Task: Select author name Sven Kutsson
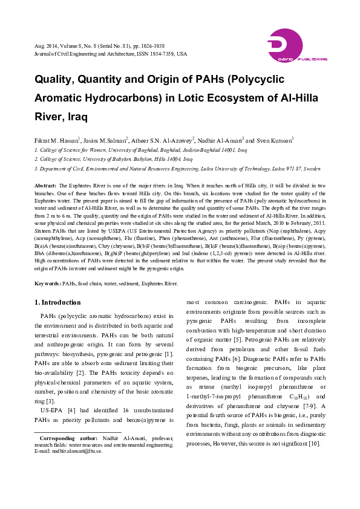276,138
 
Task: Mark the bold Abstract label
46,185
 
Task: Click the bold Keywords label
47,283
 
